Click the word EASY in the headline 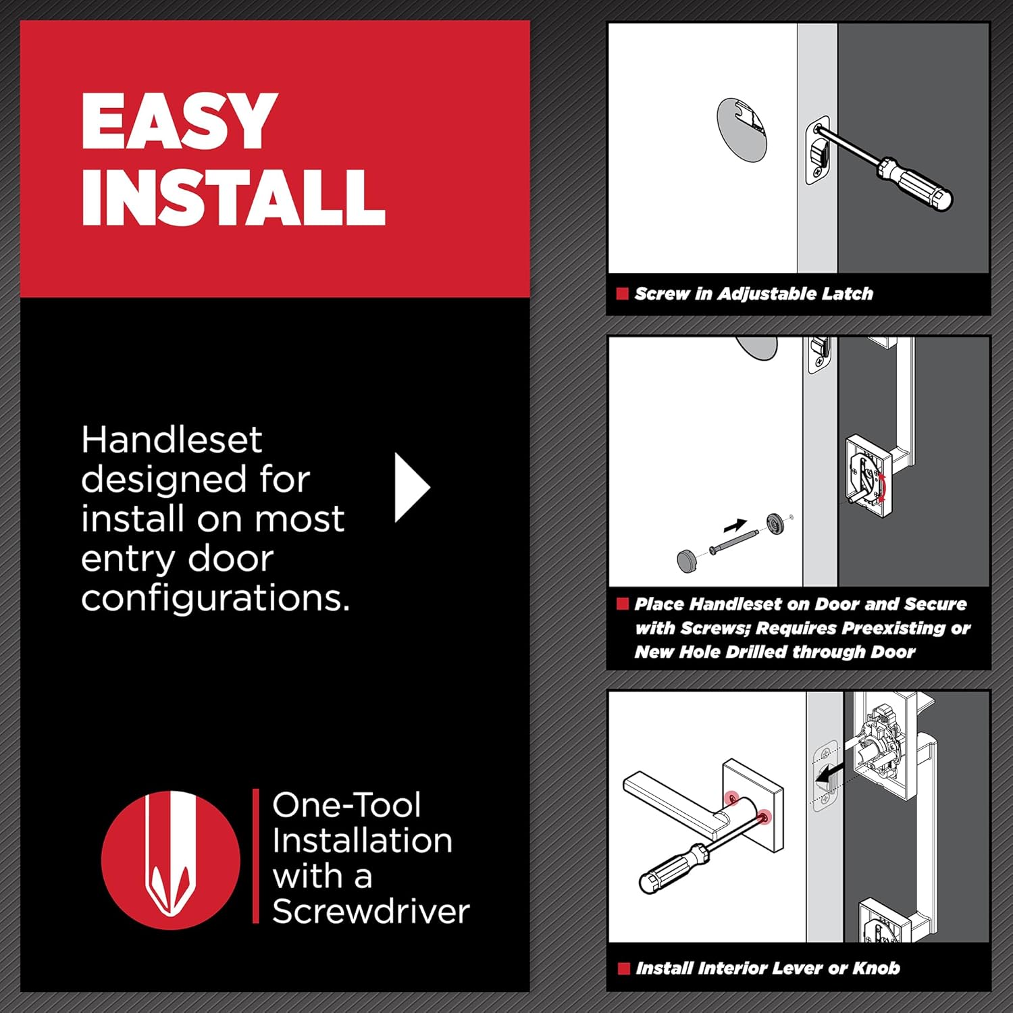(x=179, y=122)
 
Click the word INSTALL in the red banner (x=233, y=197)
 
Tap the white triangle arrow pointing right (x=411, y=487)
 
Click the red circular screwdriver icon (x=171, y=860)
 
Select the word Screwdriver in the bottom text (x=370, y=911)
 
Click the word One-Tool (x=346, y=805)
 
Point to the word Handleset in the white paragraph (x=172, y=440)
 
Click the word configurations (x=215, y=598)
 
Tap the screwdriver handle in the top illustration (x=918, y=182)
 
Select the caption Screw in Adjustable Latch (x=754, y=294)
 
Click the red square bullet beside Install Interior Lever (x=623, y=968)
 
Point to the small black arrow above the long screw (x=735, y=525)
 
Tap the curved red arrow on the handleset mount (x=882, y=486)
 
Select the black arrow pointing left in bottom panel (x=831, y=774)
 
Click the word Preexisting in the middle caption (x=851, y=628)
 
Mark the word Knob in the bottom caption (x=876, y=968)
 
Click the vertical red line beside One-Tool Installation (x=256, y=856)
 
